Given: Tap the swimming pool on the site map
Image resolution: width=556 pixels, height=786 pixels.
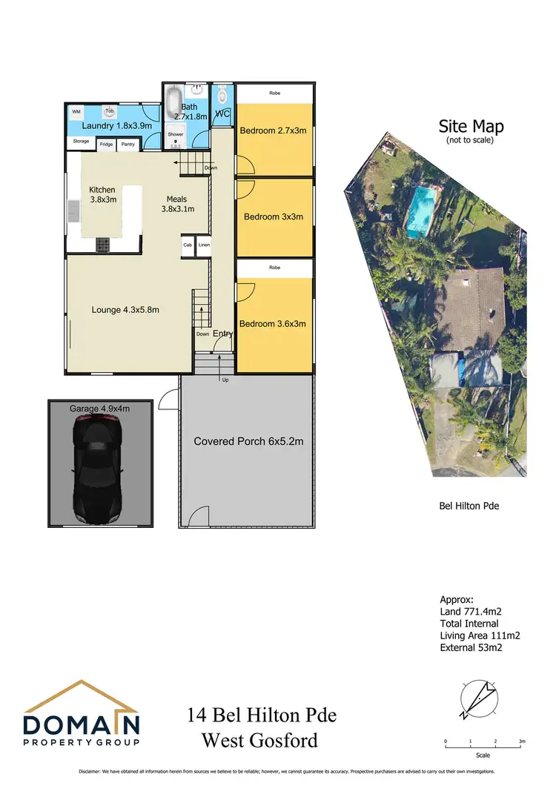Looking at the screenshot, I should tap(421, 210).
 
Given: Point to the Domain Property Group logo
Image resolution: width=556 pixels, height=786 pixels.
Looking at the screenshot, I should tap(82, 714).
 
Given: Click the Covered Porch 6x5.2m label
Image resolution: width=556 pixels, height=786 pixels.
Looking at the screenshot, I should tap(249, 441).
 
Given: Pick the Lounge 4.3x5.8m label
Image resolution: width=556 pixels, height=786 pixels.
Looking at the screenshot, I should tap(126, 310).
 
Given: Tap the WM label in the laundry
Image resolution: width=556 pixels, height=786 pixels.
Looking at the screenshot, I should tap(76, 112).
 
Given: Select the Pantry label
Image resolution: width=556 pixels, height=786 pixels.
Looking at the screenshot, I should tap(128, 145).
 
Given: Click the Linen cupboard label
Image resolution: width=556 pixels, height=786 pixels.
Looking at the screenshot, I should tap(204, 245).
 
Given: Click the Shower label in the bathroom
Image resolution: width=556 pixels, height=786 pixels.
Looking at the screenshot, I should tap(175, 135).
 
